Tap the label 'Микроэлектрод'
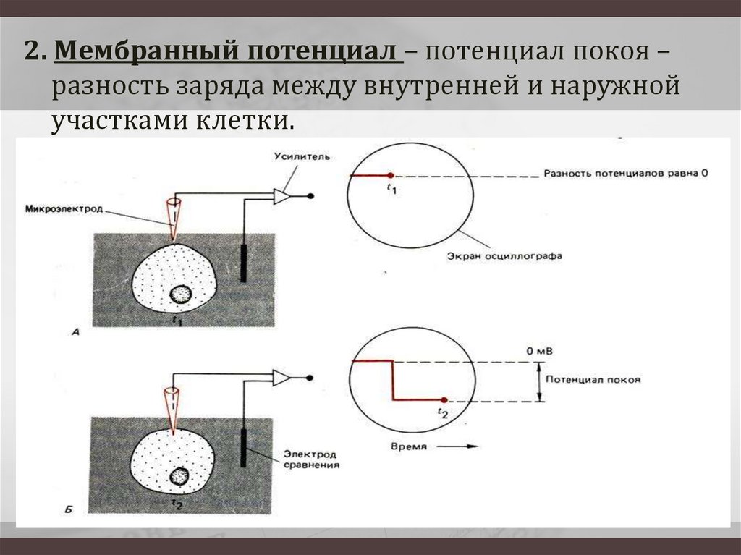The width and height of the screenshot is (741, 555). tap(64, 210)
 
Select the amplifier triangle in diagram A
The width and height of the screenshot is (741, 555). tap(281, 196)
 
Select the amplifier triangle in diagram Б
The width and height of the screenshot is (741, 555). tap(281, 378)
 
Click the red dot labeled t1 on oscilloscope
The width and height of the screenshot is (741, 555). tap(390, 176)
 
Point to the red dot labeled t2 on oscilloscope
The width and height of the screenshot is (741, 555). tap(443, 399)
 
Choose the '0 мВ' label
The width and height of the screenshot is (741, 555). tap(540, 350)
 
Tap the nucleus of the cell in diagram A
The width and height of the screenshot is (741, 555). tap(180, 294)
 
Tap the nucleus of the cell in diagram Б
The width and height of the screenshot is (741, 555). tap(178, 476)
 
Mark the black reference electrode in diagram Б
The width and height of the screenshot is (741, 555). tap(245, 448)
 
